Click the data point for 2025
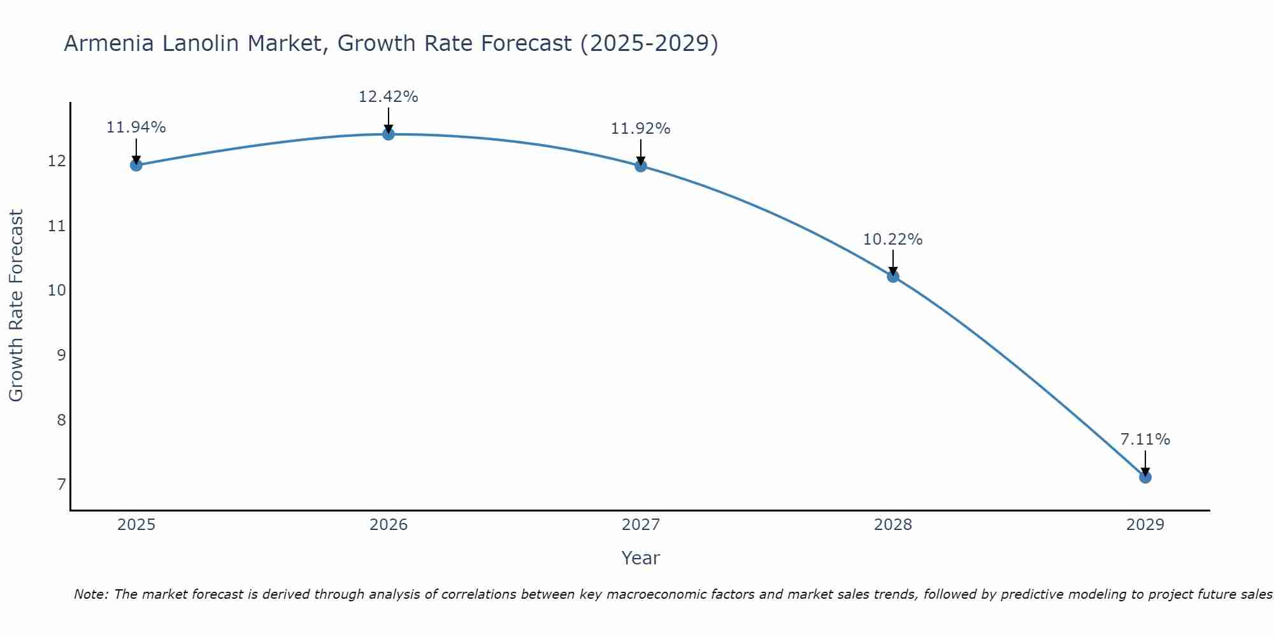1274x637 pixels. [x=136, y=166]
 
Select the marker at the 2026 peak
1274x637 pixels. [x=389, y=134]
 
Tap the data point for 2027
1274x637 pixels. [x=641, y=166]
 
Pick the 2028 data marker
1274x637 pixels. [x=893, y=276]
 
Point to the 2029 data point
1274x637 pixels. [x=1145, y=477]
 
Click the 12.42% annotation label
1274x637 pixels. [x=389, y=97]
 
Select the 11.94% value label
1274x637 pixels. [x=136, y=127]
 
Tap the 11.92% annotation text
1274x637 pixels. [x=641, y=129]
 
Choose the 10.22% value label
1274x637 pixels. [x=893, y=240]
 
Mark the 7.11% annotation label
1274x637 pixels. [x=1145, y=440]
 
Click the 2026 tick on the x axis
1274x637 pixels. [x=389, y=525]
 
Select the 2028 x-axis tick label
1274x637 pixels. [x=893, y=525]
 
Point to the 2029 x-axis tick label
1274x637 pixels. [x=1145, y=525]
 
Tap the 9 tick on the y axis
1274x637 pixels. [x=61, y=355]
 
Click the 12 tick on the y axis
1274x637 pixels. [x=57, y=161]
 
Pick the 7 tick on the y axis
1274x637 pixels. [x=61, y=485]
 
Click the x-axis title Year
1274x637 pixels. [x=641, y=558]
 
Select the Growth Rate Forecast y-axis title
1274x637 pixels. [x=17, y=306]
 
